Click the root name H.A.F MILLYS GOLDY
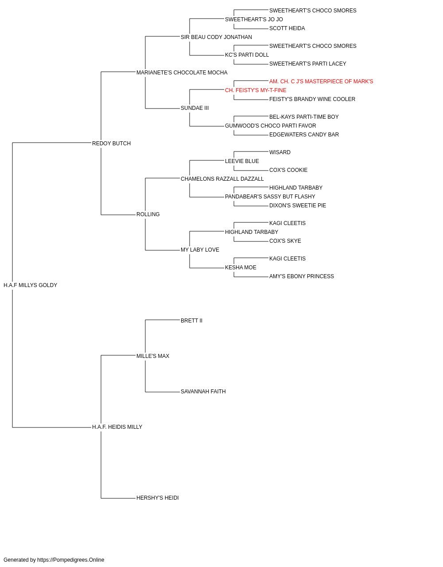30,285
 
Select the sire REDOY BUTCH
111,144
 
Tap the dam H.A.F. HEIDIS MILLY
117,427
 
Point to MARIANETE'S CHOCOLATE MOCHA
182,73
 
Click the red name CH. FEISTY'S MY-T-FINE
256,90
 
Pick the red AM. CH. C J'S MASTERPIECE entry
321,82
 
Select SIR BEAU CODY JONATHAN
216,37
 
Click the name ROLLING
148,214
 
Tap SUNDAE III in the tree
194,108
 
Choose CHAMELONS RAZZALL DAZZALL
222,179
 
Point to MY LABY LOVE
200,250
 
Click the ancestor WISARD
280,152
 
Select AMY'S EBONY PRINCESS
302,276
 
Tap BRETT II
191,321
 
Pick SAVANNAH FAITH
203,392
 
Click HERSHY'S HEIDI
158,498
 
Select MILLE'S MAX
153,356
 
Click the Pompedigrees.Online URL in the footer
71,560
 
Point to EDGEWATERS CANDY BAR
304,135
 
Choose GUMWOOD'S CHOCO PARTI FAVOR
271,126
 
